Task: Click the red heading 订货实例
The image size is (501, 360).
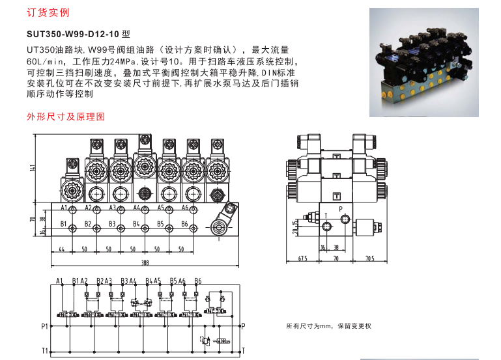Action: click(48, 12)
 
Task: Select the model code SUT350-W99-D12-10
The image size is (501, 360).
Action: click(73, 34)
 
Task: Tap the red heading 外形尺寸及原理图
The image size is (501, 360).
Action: click(66, 117)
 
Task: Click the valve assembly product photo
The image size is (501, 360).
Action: click(424, 62)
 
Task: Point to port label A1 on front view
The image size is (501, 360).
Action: click(64, 208)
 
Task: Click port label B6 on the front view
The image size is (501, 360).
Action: click(184, 224)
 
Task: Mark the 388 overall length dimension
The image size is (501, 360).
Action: click(145, 262)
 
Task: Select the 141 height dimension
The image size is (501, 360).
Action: click(33, 168)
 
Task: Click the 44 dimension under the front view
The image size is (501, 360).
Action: click(62, 249)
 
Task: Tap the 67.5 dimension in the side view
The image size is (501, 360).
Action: click(302, 258)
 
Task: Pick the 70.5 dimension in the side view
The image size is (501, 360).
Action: click(369, 258)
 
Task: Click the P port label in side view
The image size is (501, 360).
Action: click(341, 209)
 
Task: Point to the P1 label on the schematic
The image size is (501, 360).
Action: click(44, 326)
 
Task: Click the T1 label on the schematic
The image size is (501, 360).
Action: click(45, 351)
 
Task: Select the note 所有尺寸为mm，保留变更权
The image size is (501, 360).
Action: click(329, 326)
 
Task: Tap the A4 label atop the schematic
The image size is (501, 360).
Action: click(133, 281)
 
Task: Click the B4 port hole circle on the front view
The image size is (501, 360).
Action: click(145, 228)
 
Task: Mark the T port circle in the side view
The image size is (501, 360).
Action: click(326, 227)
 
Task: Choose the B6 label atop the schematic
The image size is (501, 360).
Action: click(198, 281)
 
